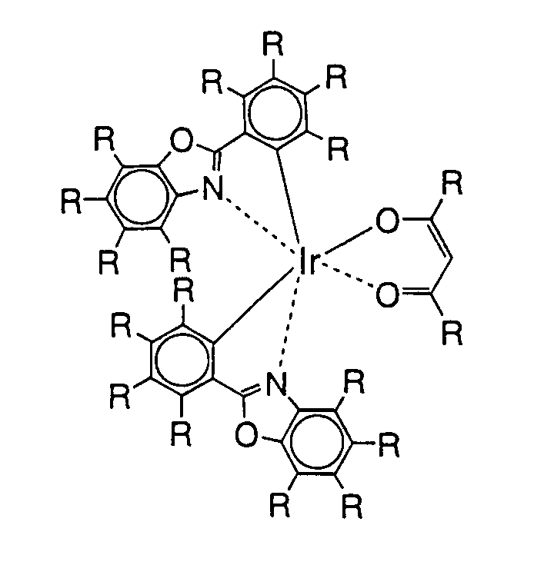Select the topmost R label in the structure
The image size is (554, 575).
272,45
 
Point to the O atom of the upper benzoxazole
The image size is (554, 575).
182,139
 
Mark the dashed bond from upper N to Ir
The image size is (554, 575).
256,224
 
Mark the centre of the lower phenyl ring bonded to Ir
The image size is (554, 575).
179,356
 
